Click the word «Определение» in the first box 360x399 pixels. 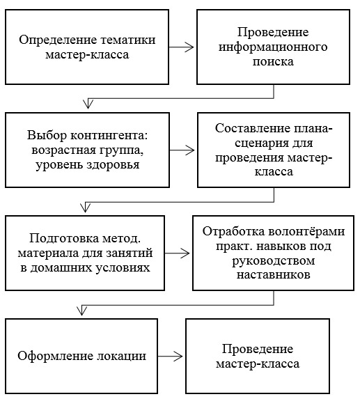coord(58,40)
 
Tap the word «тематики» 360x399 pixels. coord(128,40)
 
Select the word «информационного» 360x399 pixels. coord(273,47)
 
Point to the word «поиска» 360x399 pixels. coord(273,62)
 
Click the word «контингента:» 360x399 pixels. coord(109,135)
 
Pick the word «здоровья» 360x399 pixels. coord(113,165)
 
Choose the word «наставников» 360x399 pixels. coord(273,275)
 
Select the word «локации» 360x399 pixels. coord(121,357)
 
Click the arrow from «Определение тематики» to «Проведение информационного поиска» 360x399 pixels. coord(181,47)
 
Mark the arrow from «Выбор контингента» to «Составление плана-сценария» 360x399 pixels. coord(182,150)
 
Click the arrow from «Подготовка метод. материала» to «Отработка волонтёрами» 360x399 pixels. coord(177,253)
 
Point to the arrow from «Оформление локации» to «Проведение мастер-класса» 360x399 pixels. coord(170,357)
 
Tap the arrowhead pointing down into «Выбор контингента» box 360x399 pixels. coord(88,104)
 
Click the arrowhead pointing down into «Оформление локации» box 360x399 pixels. coord(81,311)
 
